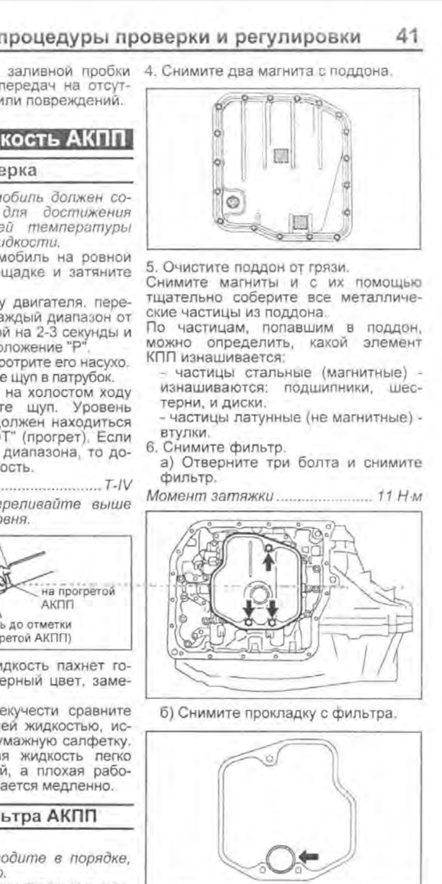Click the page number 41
click(407, 36)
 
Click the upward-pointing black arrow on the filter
click(269, 561)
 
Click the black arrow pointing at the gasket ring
click(308, 855)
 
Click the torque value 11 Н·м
click(399, 496)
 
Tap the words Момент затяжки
click(209, 496)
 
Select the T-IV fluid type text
click(118, 485)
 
